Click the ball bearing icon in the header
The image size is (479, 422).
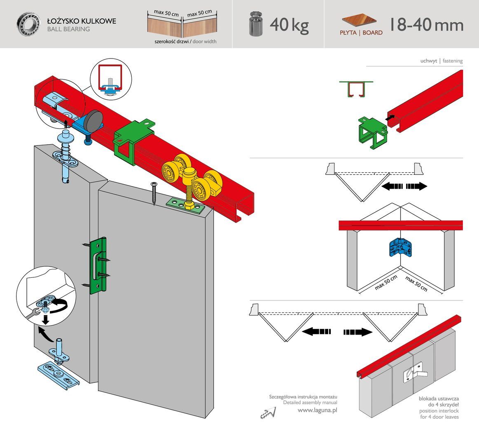point(28,24)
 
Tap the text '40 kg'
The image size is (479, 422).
point(289,25)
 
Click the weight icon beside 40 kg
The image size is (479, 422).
point(256,24)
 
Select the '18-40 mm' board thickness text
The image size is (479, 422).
point(426,25)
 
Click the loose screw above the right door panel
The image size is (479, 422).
point(154,194)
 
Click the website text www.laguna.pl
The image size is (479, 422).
point(317,410)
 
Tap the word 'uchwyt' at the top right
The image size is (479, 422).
point(428,61)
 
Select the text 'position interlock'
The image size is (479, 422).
point(439,411)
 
